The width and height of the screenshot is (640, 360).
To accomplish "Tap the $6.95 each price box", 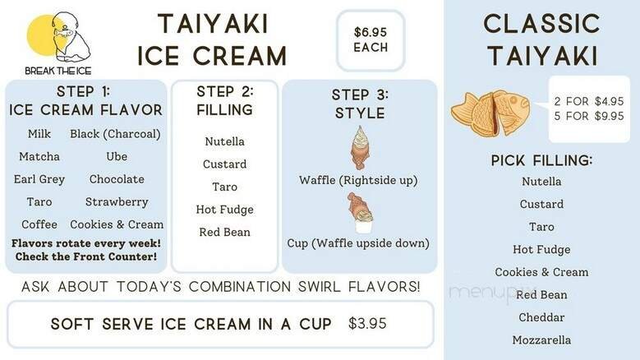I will click(371, 39).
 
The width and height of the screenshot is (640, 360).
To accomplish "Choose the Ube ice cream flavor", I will click(117, 156).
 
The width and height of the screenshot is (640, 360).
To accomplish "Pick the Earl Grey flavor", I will click(39, 179).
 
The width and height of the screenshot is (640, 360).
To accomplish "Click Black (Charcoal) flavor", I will click(115, 134).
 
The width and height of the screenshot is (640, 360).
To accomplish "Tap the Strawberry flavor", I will click(117, 201).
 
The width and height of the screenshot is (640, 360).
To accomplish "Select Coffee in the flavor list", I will click(39, 224).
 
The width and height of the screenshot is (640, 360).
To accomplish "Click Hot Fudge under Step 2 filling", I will click(224, 210).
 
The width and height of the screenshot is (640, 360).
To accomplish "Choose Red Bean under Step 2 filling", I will click(224, 232).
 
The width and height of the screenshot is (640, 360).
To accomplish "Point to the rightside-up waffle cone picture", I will click(359, 148).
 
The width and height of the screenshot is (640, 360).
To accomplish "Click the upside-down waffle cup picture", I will click(359, 213).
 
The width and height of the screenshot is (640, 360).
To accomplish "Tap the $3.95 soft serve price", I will click(367, 323).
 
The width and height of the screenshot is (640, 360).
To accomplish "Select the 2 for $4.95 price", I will click(589, 101).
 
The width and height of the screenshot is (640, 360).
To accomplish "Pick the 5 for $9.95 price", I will click(589, 116).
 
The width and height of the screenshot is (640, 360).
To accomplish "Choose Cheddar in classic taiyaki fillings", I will click(541, 317).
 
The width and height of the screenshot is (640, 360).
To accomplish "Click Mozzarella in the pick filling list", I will click(541, 339).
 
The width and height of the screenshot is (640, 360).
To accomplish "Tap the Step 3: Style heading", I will click(360, 104).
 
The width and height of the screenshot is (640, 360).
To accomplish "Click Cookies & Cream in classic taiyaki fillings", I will click(541, 272).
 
